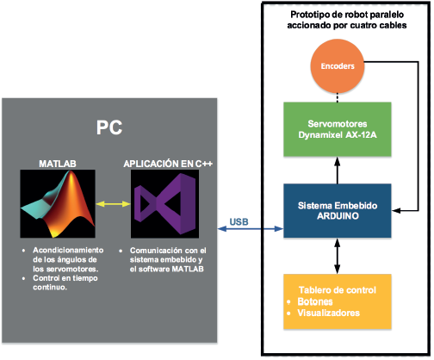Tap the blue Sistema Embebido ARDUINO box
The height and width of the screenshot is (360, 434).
338,211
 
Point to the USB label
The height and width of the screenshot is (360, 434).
240,221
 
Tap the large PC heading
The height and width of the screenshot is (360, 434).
108,127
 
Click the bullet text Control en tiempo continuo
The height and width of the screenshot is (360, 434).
65,282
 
